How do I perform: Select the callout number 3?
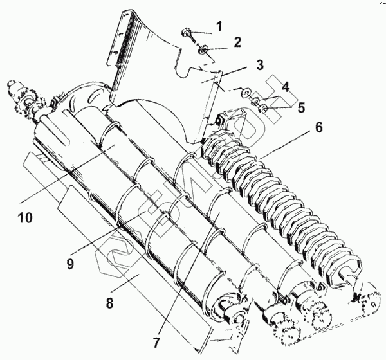coord(259,65)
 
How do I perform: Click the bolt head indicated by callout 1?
coord(186,32)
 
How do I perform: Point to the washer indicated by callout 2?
coord(203,50)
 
